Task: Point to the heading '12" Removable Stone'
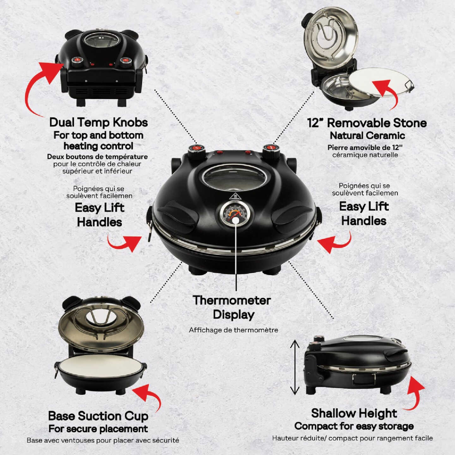367,123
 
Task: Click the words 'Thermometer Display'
232,307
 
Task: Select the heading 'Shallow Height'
354,413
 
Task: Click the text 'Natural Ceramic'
367,136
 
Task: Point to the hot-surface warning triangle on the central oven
235,197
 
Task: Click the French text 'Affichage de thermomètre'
234,330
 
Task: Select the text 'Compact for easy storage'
354,426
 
